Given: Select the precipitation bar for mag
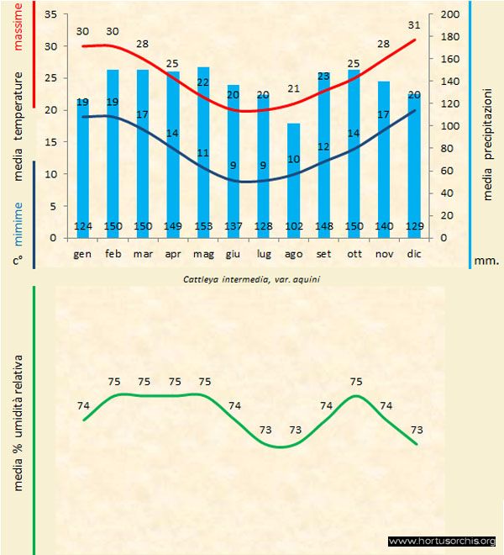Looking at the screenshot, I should tap(203, 151).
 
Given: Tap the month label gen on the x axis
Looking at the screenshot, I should tap(82, 253).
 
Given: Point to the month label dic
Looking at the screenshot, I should tap(414, 253).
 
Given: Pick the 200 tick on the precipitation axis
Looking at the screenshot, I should tap(449, 15).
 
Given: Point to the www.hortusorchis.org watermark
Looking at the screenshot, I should tap(442, 541).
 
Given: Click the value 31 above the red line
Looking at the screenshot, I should tap(413, 24).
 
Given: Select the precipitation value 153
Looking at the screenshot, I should tap(203, 226).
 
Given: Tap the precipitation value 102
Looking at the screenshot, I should tap(293, 226).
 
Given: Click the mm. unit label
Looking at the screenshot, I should tap(486, 261).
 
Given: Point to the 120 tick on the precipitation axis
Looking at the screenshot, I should tap(449, 104).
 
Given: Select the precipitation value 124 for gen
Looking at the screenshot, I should tap(82, 226).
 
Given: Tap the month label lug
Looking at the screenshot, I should tap(263, 253).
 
